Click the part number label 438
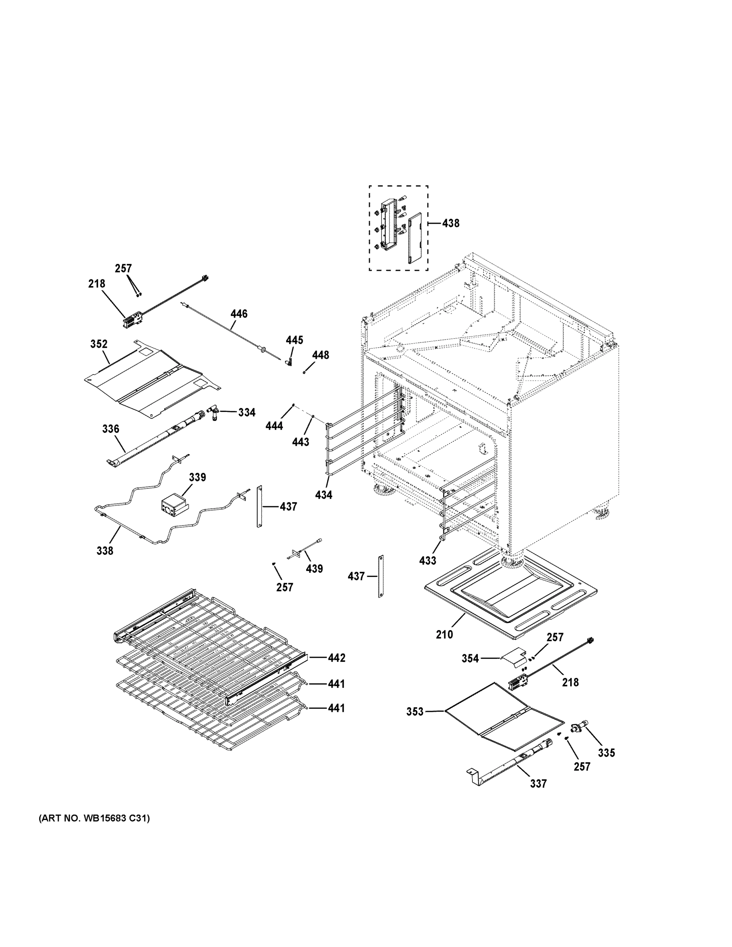click(x=451, y=223)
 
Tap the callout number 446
click(x=239, y=314)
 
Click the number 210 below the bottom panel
click(x=444, y=634)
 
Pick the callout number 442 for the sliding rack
click(x=337, y=658)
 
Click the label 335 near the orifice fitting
click(x=606, y=753)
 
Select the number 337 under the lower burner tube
click(x=538, y=784)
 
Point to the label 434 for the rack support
click(x=324, y=495)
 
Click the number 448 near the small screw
click(x=320, y=355)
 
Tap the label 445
click(x=294, y=341)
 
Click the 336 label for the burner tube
click(x=110, y=429)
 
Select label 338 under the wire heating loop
click(x=105, y=551)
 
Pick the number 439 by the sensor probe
click(x=314, y=569)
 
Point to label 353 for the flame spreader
click(x=415, y=711)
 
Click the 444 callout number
click(x=274, y=426)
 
